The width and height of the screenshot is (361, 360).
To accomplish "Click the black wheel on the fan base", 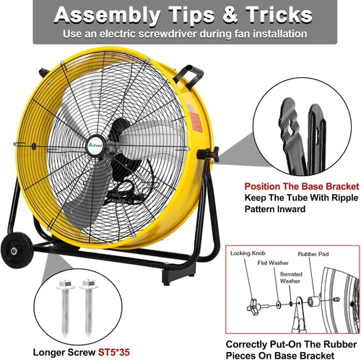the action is coord(16,250).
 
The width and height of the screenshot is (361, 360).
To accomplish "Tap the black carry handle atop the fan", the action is coord(189,74).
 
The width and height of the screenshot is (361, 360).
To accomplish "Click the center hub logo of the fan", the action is coord(96,145).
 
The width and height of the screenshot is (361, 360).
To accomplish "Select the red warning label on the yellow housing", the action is coord(196,122).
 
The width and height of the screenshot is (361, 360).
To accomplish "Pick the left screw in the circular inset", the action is coord(66,307).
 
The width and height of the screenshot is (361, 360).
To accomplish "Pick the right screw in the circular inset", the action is coord(89,307).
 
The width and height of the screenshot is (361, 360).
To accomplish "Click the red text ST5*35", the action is coord(114,353).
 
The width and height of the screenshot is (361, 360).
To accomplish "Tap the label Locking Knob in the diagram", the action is coord(248,253).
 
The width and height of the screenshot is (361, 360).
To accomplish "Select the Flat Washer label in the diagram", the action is coord(273,263).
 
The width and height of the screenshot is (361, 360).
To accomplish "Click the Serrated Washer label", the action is coord(291,278).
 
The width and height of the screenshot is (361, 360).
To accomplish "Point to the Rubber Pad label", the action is coord(313,254).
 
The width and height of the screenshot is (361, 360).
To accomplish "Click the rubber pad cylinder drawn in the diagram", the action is coord(313,302).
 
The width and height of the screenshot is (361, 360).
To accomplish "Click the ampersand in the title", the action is coord(230,15).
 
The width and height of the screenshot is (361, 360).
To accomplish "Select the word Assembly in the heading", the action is coord(107,16).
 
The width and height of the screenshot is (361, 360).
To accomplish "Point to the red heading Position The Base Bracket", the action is coord(302,187).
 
